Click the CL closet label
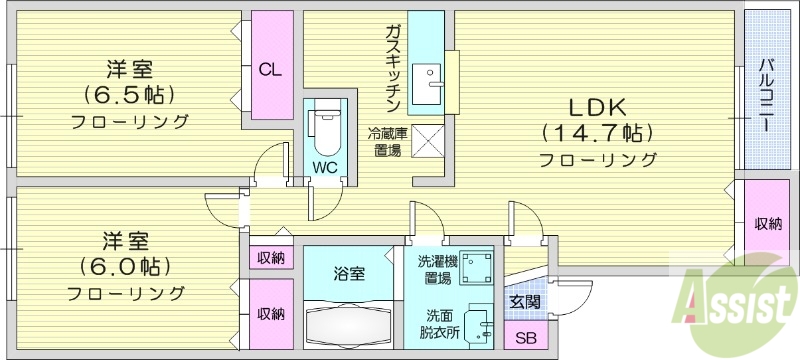click(x=270, y=70)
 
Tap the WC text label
click(x=324, y=166)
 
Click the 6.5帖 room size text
click(x=129, y=95)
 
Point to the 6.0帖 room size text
click(x=126, y=267)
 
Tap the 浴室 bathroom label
click(x=349, y=272)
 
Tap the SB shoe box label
click(x=524, y=338)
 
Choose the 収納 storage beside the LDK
click(x=768, y=223)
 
